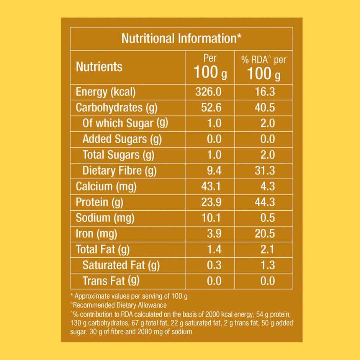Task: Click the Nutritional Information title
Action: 181,38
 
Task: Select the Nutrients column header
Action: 99,67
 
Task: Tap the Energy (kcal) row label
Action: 106,92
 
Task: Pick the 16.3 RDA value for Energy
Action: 265,92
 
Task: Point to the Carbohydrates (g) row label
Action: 116,108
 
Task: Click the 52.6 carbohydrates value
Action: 211,108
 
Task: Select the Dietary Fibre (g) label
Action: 119,170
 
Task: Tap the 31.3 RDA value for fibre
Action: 265,170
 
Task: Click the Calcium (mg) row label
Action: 106,187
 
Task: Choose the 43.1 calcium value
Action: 211,187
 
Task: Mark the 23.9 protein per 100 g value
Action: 211,202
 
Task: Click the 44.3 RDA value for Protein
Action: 265,202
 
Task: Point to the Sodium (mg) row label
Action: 105,218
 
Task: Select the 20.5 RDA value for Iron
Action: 265,234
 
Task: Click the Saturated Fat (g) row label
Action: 121,265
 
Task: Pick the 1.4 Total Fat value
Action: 214,249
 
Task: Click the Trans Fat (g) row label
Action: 111,281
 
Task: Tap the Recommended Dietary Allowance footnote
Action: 119,305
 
